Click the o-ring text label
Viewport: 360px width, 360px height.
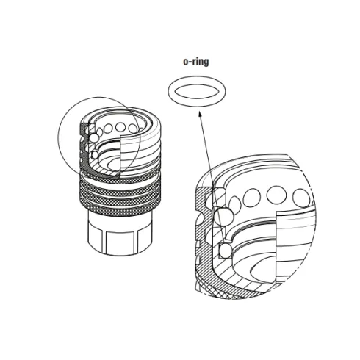pyautogui.click(x=195, y=62)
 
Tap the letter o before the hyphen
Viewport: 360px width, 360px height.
pyautogui.click(x=185, y=62)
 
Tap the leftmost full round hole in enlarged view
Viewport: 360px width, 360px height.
pyautogui.click(x=251, y=198)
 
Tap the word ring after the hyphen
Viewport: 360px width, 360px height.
pyautogui.click(x=200, y=62)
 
